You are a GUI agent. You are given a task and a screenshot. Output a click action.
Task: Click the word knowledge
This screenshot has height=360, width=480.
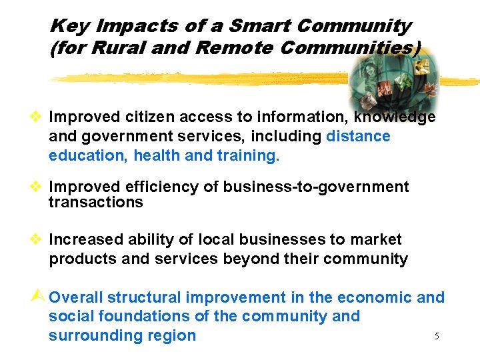395,117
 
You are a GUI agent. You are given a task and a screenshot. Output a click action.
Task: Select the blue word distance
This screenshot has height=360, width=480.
358,137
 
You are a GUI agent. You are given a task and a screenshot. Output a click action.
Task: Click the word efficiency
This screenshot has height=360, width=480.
167,187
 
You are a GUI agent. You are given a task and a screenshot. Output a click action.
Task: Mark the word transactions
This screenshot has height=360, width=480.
96,203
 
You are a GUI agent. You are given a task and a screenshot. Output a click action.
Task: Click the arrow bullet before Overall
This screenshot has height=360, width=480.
41,297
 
